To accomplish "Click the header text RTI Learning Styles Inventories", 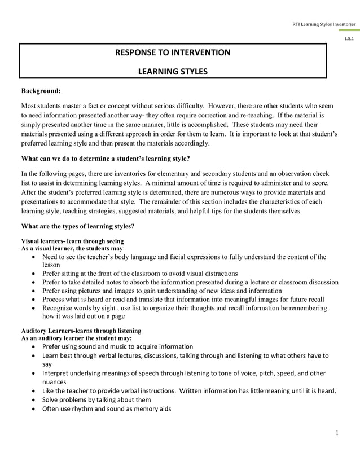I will coord(323,24).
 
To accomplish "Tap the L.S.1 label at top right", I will coord(349,38).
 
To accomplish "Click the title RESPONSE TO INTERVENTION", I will coord(173,53).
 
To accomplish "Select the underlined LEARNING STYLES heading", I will coord(173,72).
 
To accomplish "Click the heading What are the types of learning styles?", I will coord(77,227).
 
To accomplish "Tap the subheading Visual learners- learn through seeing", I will coord(72,241).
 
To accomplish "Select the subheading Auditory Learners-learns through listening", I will coord(81,330).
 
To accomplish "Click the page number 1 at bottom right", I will coord(336,433).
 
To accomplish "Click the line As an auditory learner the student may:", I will coord(76,337).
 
